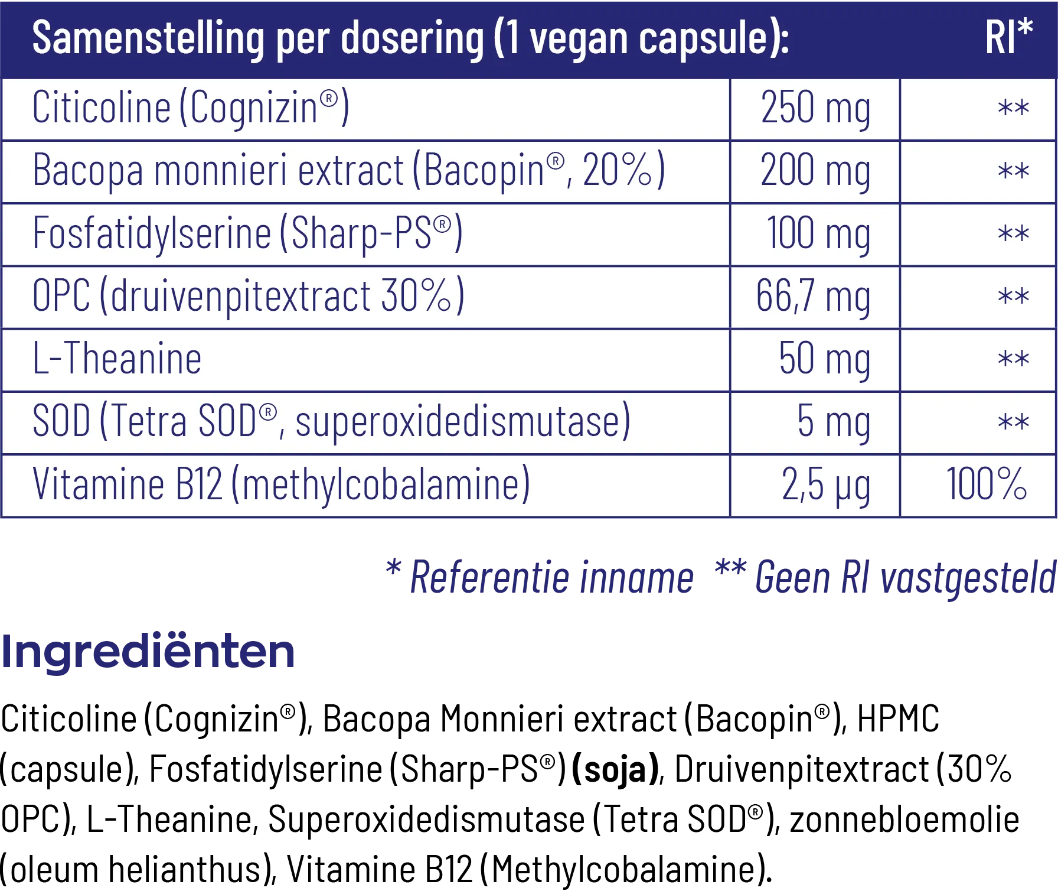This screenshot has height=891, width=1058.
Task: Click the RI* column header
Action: tap(1008, 38)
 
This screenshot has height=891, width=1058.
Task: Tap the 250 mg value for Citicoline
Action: tap(815, 109)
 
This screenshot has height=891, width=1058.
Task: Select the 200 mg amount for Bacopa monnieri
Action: tap(815, 171)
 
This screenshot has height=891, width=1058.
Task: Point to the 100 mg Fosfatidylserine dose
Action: tap(818, 234)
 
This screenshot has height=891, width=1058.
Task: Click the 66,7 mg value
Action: tap(813, 297)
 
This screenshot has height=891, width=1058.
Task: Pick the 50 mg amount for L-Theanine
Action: tap(824, 359)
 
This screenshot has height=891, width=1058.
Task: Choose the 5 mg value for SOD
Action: tap(833, 422)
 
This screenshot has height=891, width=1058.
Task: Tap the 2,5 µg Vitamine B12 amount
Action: tap(825, 485)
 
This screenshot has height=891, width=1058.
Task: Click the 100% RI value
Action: tap(986, 484)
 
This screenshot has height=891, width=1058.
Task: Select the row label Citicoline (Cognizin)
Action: tap(191, 108)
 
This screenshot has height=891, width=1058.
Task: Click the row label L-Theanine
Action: tap(117, 359)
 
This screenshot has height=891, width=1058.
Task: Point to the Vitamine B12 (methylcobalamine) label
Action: tap(281, 485)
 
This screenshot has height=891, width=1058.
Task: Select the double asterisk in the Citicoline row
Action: tap(1013, 109)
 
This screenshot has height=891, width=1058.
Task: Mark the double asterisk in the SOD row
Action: tap(1013, 422)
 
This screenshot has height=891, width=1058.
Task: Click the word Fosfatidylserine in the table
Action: tap(152, 234)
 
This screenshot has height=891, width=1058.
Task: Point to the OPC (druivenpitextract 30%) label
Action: tap(249, 297)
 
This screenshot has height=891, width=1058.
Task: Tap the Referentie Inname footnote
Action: tap(551, 577)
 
